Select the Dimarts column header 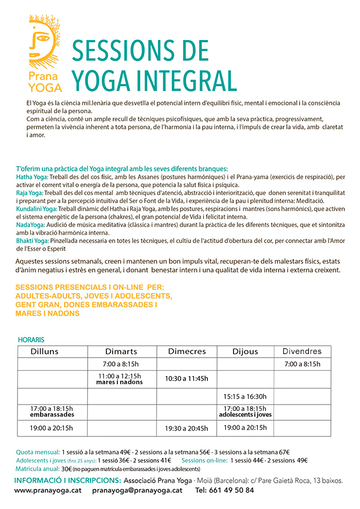[x=121, y=352]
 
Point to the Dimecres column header [x=187, y=352]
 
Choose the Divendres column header [x=302, y=352]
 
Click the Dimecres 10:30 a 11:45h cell [x=187, y=378]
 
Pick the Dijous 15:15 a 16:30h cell [x=245, y=396]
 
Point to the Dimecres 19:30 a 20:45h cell [x=187, y=428]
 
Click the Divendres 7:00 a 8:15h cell [x=302, y=364]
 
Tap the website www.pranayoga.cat [x=47, y=490]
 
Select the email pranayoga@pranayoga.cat [x=137, y=490]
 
